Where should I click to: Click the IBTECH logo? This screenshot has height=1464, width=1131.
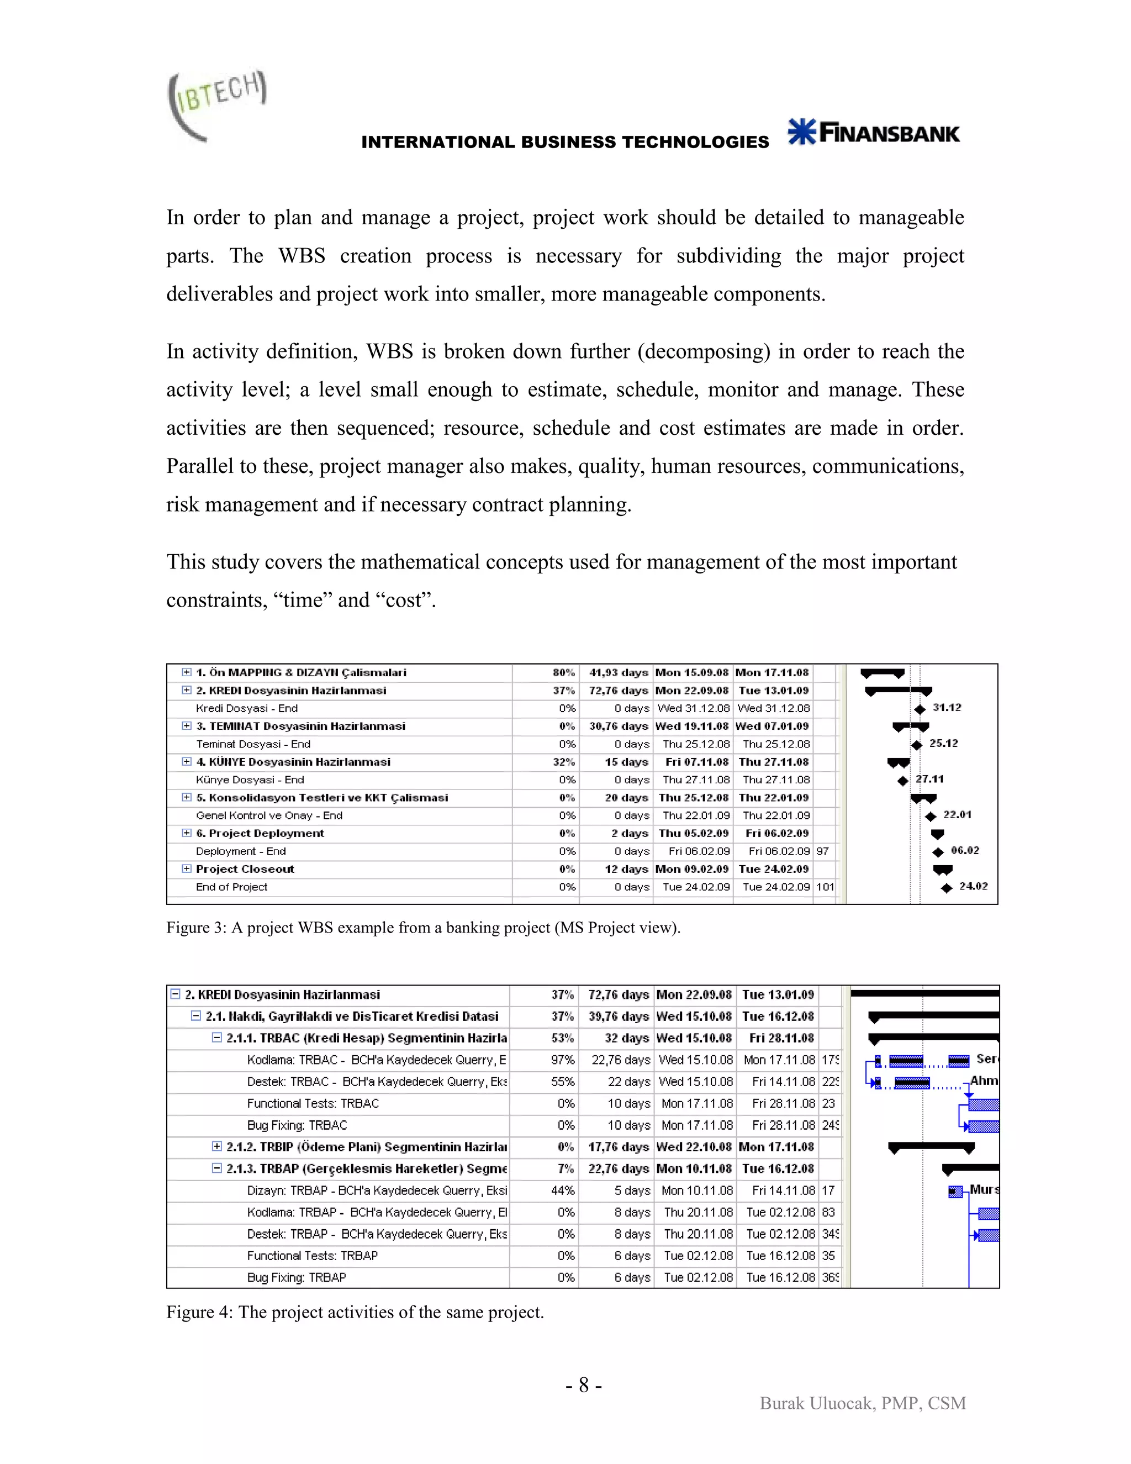coord(216,104)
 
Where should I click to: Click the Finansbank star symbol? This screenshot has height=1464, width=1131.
coord(801,131)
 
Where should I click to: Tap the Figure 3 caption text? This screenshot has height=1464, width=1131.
coord(423,927)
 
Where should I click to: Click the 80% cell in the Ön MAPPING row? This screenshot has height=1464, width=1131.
coord(563,672)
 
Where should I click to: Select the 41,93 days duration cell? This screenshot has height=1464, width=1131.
coord(618,672)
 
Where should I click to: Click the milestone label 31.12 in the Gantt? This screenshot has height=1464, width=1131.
coord(947,707)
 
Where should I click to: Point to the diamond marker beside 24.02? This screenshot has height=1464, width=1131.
coord(946,888)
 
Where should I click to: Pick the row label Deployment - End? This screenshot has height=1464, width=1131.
coord(241,851)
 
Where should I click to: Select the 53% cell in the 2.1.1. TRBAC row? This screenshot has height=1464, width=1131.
coord(562,1038)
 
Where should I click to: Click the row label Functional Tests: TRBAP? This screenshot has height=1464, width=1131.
coord(312,1256)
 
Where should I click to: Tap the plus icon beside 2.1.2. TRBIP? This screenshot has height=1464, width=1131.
coord(216,1146)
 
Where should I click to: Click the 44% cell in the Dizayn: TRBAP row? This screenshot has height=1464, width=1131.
coord(562,1191)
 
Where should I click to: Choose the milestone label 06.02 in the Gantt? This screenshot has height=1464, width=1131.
coord(965,851)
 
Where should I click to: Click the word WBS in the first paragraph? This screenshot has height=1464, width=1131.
coord(302,255)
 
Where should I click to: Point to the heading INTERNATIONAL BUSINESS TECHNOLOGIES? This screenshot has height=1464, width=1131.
coord(565,142)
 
